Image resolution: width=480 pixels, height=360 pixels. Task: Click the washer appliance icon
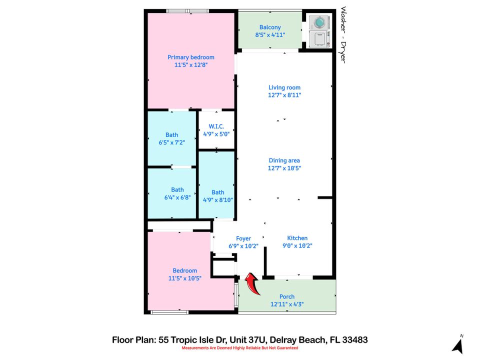click(317, 22)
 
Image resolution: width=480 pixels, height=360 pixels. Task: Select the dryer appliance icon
click(317, 39)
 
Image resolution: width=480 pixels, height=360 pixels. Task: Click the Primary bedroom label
click(191, 57)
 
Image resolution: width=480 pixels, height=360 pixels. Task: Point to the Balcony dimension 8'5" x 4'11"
click(270, 35)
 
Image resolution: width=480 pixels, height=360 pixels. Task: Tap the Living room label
click(284, 87)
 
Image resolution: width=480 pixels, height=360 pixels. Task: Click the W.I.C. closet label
click(216, 126)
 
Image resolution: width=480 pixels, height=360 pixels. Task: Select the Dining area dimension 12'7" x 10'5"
click(284, 168)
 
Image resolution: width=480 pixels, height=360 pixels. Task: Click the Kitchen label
click(297, 238)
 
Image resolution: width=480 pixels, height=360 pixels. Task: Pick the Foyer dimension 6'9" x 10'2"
click(243, 246)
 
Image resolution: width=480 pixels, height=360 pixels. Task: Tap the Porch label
click(287, 296)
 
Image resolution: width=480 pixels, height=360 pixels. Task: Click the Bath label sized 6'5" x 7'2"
click(171, 134)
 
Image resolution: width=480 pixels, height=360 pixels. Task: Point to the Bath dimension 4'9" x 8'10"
click(218, 199)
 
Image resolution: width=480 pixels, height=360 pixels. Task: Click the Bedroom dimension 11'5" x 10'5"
click(185, 278)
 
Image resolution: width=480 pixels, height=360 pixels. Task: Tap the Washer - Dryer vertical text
click(343, 34)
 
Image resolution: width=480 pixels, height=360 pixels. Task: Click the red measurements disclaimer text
click(239, 348)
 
